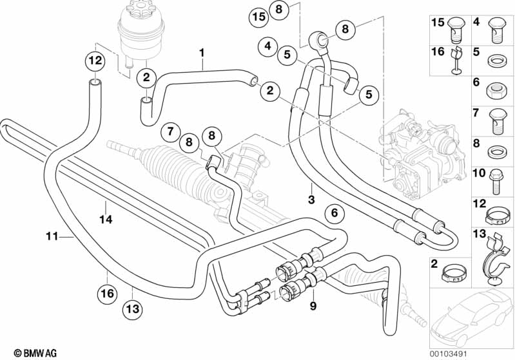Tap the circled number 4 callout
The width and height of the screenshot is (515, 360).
[x=266, y=46]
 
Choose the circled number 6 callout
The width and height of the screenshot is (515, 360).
[x=333, y=213]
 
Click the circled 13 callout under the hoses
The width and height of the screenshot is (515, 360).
[x=131, y=309]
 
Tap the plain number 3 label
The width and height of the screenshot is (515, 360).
[x=311, y=200]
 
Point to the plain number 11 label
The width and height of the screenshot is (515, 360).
[x=52, y=236]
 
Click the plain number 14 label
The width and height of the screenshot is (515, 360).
[x=106, y=220]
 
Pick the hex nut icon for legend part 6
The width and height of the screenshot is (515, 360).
[x=496, y=88]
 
